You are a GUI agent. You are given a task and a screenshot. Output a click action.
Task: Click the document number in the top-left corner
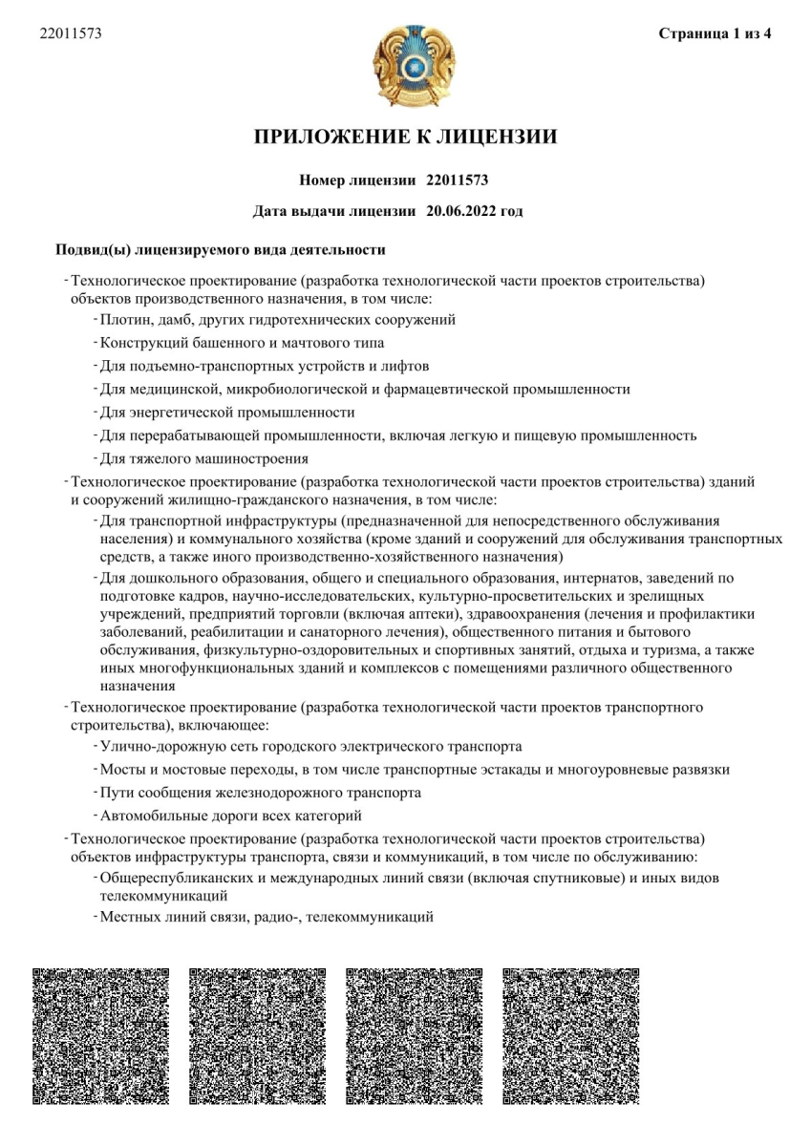tap(71, 34)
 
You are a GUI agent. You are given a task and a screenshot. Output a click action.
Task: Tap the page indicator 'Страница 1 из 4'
tap(715, 34)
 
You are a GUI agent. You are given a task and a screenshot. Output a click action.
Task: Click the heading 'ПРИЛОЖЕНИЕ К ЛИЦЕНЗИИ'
tap(405, 137)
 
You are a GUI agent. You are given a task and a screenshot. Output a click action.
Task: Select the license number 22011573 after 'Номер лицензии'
tap(458, 180)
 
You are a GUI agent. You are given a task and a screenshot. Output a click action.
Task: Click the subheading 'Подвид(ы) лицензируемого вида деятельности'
tap(221, 250)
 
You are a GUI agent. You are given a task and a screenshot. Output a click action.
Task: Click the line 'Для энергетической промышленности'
tap(227, 413)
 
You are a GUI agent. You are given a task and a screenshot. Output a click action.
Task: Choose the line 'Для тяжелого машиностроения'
tap(204, 458)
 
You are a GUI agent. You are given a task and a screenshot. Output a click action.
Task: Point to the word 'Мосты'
tap(121, 769)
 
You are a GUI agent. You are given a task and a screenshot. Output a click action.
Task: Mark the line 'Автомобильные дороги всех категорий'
tap(232, 816)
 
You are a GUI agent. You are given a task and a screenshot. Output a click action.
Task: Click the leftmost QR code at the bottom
tap(101, 1036)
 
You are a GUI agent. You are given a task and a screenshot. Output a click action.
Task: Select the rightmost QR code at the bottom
tap(570, 1036)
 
